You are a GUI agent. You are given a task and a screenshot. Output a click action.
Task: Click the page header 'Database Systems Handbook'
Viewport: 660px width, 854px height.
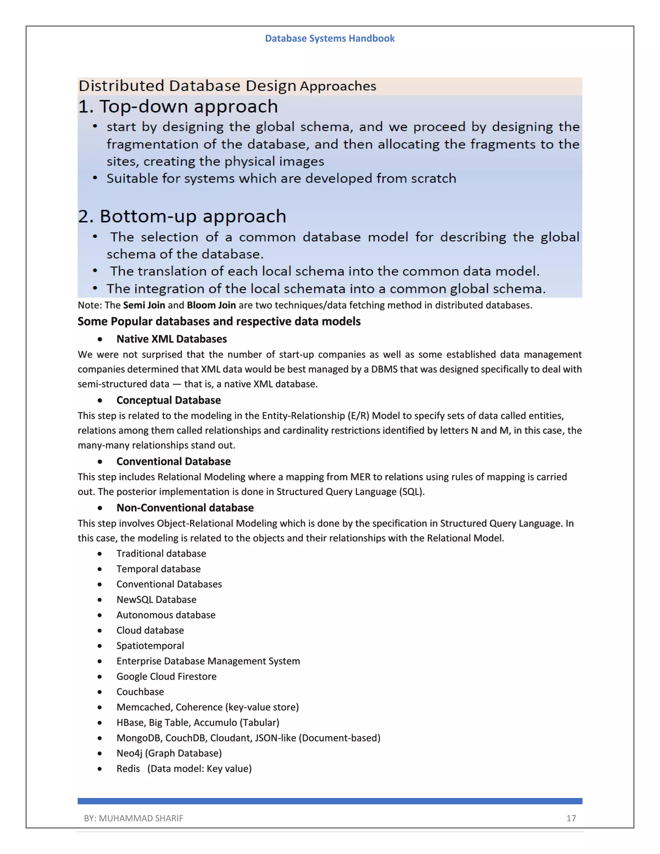(330, 38)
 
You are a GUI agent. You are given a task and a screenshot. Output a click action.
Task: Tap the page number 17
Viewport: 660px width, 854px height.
(571, 818)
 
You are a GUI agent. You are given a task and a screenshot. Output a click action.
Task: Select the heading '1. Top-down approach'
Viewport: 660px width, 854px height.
(178, 107)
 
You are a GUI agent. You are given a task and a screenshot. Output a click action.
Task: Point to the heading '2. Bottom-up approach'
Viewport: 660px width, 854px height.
(182, 217)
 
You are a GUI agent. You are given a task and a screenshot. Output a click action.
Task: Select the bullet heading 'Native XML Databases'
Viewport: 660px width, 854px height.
(172, 339)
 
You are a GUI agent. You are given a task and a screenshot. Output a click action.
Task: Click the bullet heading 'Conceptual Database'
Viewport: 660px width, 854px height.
(169, 400)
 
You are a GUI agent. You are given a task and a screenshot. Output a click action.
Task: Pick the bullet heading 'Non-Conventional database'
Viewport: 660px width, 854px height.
(185, 508)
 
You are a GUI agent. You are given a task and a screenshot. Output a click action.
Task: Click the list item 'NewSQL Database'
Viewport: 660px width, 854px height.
(156, 599)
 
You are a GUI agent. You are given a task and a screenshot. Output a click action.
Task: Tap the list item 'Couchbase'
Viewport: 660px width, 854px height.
(140, 692)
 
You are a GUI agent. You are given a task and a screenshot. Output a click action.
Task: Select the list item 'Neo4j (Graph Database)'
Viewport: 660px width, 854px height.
(169, 753)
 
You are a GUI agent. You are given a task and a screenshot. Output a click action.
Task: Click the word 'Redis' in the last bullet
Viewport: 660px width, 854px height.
(128, 769)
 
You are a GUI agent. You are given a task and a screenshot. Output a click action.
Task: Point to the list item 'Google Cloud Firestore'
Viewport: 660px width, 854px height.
(166, 676)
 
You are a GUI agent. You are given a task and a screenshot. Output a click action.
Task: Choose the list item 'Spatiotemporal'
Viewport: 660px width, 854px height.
(150, 645)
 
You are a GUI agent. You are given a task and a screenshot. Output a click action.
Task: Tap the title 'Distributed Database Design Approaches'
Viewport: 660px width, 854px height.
(227, 86)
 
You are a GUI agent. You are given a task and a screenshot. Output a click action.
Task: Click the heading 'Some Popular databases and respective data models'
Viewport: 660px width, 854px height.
(219, 321)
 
